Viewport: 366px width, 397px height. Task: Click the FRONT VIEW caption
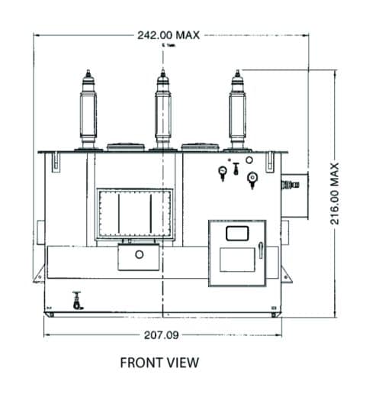(x=159, y=363)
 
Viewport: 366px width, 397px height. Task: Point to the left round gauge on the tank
(x=222, y=173)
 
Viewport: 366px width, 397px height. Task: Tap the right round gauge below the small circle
(x=251, y=179)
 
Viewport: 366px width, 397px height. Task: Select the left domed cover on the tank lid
(x=124, y=147)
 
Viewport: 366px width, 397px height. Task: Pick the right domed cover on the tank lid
(x=199, y=147)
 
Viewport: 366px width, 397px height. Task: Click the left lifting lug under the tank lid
(x=56, y=162)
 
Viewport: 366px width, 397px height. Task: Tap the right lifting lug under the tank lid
(x=268, y=162)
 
